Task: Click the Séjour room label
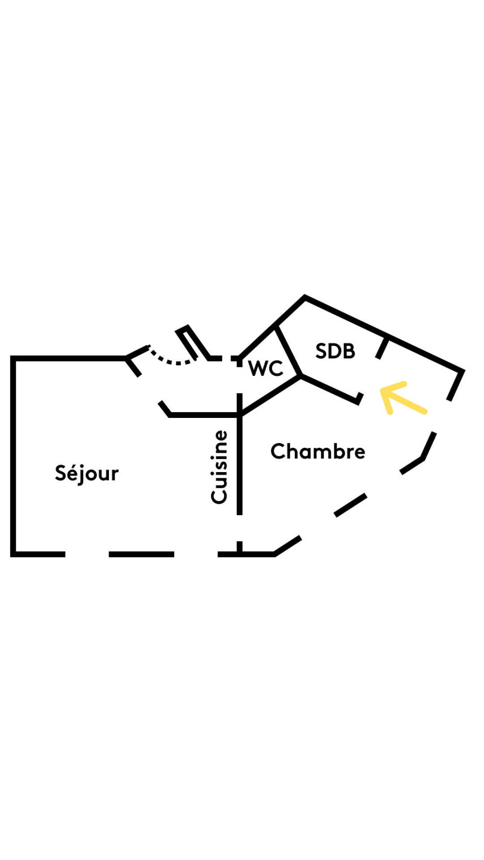pos(86,473)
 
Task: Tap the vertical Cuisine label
pos(220,467)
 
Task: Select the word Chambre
pos(318,451)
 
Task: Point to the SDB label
pos(335,351)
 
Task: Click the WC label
pos(266,368)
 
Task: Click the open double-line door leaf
pos(193,343)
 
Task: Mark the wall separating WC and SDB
pos(288,350)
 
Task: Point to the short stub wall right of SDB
pos(382,348)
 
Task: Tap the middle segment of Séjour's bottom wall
pos(141,555)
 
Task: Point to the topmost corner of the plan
pos(305,297)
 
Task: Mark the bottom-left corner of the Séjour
pos(13,555)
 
